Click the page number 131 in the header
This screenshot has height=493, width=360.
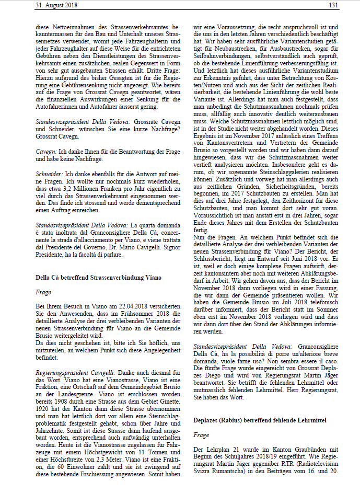[334, 5]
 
